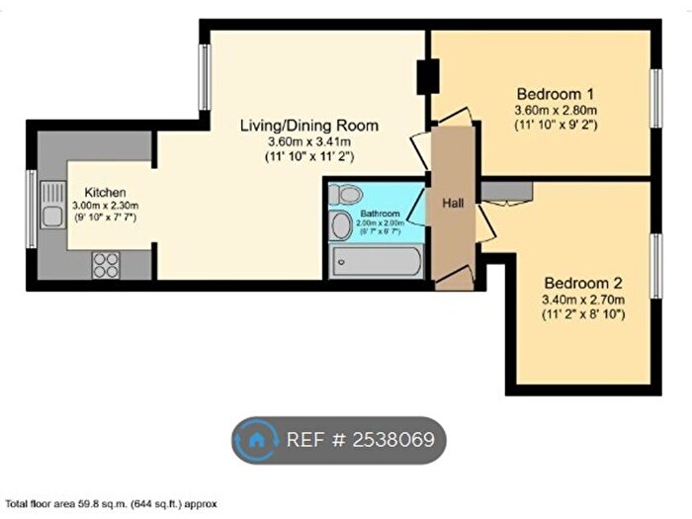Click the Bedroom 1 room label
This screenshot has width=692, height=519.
(x=555, y=90)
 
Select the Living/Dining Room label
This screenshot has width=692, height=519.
(x=310, y=126)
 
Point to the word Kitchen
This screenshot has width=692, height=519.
(x=104, y=192)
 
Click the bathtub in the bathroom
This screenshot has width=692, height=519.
(x=377, y=261)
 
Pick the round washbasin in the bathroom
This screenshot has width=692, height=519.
(x=341, y=224)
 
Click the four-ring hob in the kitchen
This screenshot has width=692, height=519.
(x=106, y=265)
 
